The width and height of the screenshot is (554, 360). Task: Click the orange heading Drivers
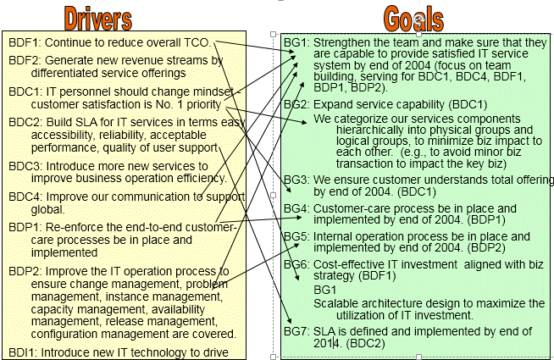tap(97, 19)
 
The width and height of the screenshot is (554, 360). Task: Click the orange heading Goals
tap(413, 19)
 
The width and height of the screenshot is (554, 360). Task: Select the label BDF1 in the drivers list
tap(23, 42)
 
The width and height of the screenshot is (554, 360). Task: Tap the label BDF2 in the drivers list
tap(23, 60)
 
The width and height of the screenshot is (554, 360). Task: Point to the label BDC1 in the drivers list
tap(23, 91)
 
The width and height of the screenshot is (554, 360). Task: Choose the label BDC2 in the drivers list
tap(23, 123)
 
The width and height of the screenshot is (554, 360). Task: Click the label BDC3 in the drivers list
tap(23, 166)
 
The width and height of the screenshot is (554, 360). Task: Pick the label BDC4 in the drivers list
tap(23, 197)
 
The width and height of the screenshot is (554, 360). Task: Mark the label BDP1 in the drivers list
tap(23, 228)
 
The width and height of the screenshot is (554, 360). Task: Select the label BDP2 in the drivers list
tap(23, 272)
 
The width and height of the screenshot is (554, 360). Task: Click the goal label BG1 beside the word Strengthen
tap(296, 42)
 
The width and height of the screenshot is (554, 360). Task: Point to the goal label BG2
tap(296, 104)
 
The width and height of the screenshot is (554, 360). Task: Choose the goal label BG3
tap(296, 180)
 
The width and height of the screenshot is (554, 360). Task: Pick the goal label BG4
tap(296, 208)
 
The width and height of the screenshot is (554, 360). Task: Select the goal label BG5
tap(296, 236)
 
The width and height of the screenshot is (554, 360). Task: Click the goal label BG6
tap(296, 264)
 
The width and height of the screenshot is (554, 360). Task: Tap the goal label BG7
tap(296, 331)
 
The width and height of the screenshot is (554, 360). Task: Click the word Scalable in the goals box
tap(335, 303)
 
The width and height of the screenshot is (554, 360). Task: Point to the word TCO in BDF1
tap(199, 42)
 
